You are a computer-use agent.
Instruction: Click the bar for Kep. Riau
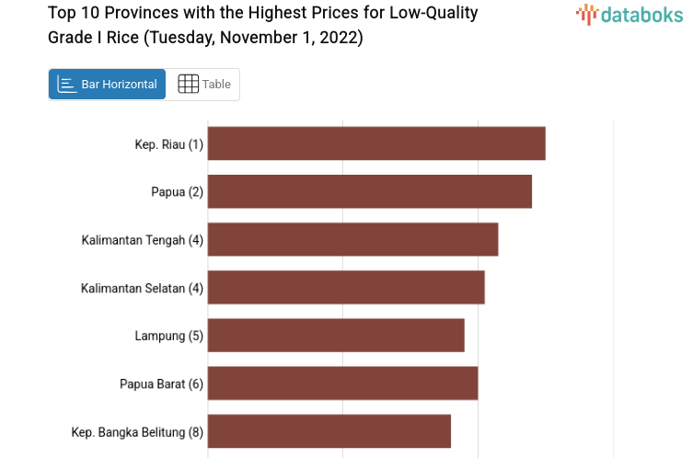[x=376, y=143]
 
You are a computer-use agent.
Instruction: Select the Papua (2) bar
[x=370, y=191]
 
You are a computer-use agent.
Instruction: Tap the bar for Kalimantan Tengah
[x=352, y=239]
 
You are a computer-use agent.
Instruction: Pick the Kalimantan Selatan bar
[x=346, y=287]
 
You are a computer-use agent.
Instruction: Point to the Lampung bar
[x=336, y=335]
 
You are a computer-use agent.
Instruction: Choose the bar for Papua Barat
[x=342, y=383]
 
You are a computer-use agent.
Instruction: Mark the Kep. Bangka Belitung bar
[x=329, y=430]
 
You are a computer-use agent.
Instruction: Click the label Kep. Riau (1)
[x=168, y=144]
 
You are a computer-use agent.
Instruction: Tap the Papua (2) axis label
[x=177, y=192]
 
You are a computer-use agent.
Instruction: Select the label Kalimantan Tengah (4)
[x=142, y=240]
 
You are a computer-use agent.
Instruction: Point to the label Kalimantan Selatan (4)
[x=142, y=288]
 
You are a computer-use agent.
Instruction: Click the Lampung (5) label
[x=168, y=336]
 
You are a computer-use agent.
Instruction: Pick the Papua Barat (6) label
[x=161, y=384]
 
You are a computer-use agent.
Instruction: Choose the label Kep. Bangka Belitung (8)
[x=137, y=431]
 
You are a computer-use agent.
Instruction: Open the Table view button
[x=204, y=84]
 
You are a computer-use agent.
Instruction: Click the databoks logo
[x=629, y=14]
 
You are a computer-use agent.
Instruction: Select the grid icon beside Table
[x=188, y=84]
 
